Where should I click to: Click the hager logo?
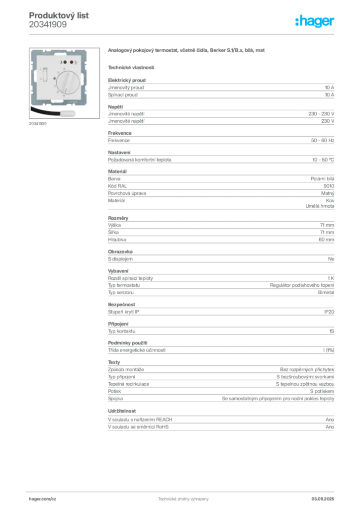pyautogui.click(x=314, y=21)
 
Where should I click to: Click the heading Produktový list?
pyautogui.click(x=59, y=15)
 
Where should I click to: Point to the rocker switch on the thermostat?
pyautogui.click(x=45, y=75)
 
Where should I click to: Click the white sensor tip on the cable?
pyautogui.click(x=68, y=114)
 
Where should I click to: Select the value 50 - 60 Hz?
pyautogui.click(x=322, y=140)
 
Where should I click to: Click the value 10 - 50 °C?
pyautogui.click(x=323, y=160)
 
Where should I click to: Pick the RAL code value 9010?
pyautogui.click(x=329, y=186)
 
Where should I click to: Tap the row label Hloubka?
pyautogui.click(x=117, y=240)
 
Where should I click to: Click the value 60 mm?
pyautogui.click(x=326, y=240)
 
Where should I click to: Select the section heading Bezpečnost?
pyautogui.click(x=121, y=305)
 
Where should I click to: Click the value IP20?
pyautogui.click(x=329, y=312)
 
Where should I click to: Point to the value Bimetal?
pyautogui.click(x=326, y=292)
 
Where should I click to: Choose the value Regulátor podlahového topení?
pyautogui.click(x=302, y=285)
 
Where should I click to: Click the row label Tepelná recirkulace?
pyautogui.click(x=129, y=384)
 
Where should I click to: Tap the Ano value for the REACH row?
pyautogui.click(x=330, y=420)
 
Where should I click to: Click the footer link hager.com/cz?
pyautogui.click(x=43, y=499)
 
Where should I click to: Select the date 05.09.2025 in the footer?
pyautogui.click(x=323, y=499)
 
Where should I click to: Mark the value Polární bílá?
pyautogui.click(x=322, y=179)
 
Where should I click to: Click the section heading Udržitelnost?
pyautogui.click(x=122, y=411)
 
